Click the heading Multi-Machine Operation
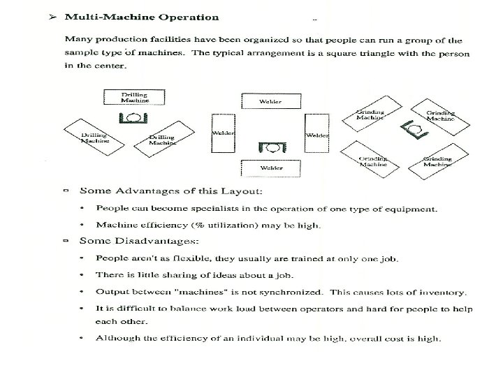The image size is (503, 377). pyautogui.click(x=140, y=17)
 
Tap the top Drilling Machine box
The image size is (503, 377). pyautogui.click(x=135, y=98)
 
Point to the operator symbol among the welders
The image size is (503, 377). pyautogui.click(x=270, y=147)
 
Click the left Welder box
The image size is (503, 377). pyautogui.click(x=222, y=133)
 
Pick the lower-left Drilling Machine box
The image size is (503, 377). pyautogui.click(x=94, y=137)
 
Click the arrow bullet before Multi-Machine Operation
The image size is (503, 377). pyautogui.click(x=52, y=17)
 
